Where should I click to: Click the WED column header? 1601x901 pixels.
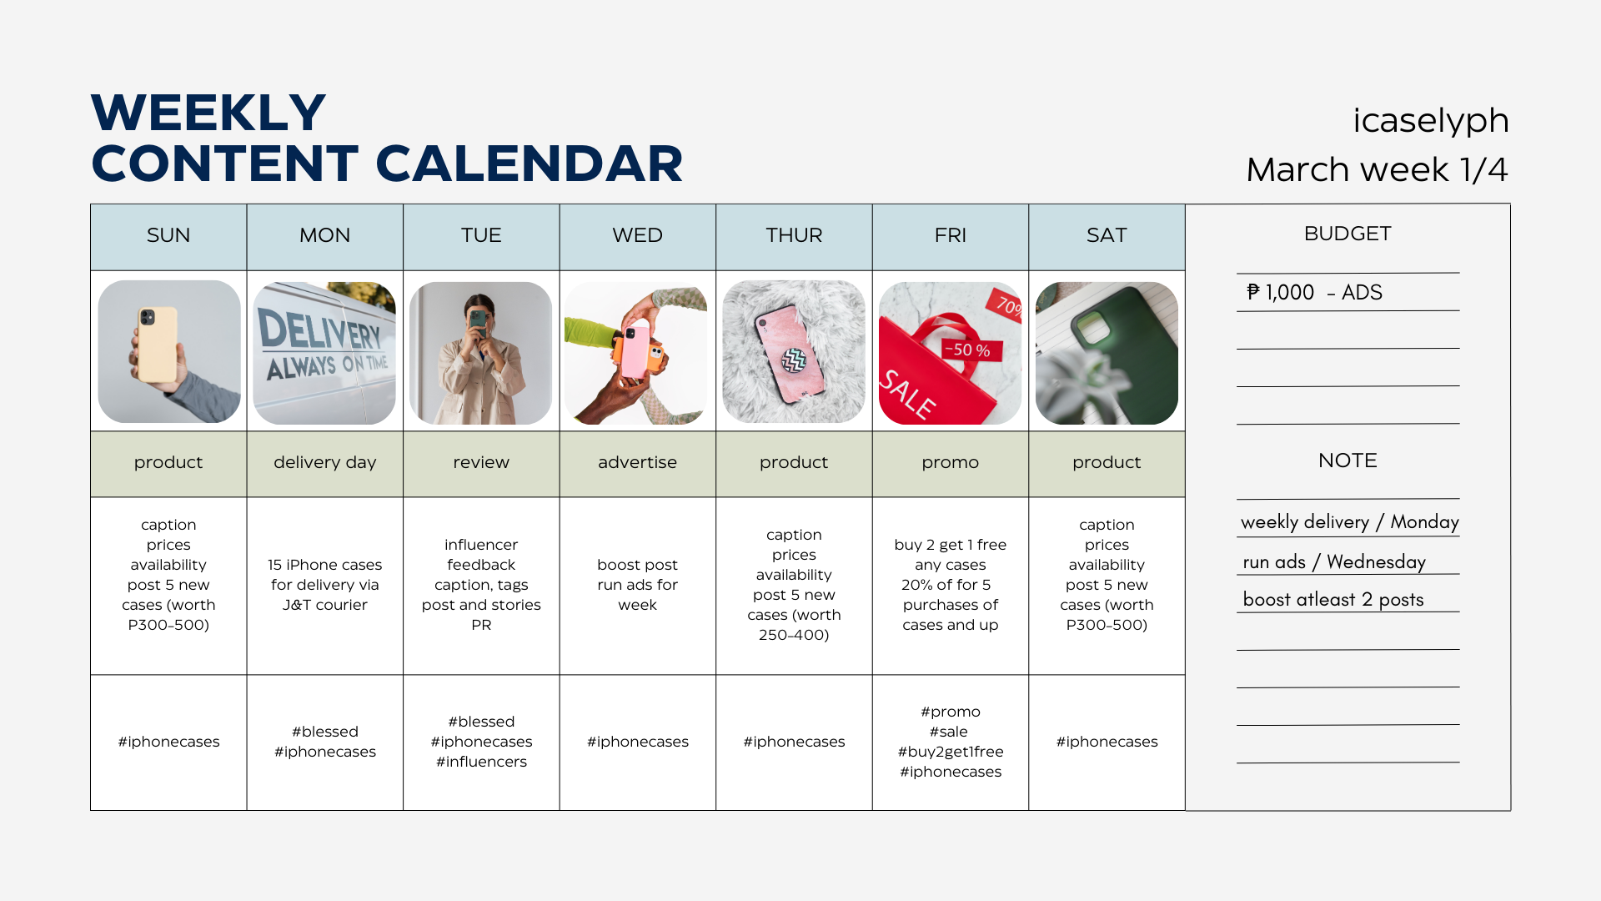tap(637, 236)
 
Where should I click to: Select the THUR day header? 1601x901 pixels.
tap(794, 236)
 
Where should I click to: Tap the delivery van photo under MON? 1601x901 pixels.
tap(324, 352)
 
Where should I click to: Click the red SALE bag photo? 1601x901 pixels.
tap(950, 352)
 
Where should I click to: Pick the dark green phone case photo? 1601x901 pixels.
tap(1107, 352)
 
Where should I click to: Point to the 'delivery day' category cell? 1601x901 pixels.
tap(325, 463)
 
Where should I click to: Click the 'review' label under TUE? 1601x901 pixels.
tap(481, 462)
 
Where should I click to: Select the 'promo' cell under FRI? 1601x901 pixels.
tap(951, 463)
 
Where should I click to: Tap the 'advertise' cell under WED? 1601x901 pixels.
tap(637, 463)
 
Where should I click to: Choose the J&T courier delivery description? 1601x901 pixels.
tap(325, 585)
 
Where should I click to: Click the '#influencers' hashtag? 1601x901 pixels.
tap(481, 762)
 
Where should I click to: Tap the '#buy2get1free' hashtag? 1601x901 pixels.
tap(951, 752)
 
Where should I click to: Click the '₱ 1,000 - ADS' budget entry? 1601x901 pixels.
tap(1314, 293)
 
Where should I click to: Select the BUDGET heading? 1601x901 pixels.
tap(1348, 234)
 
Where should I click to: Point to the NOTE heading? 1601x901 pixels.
tap(1348, 461)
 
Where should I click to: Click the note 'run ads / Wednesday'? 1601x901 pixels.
tap(1334, 562)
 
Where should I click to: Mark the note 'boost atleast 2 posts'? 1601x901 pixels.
tap(1333, 600)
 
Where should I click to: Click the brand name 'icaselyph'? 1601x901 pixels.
tap(1431, 121)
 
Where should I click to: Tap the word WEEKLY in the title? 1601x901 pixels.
tap(208, 113)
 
